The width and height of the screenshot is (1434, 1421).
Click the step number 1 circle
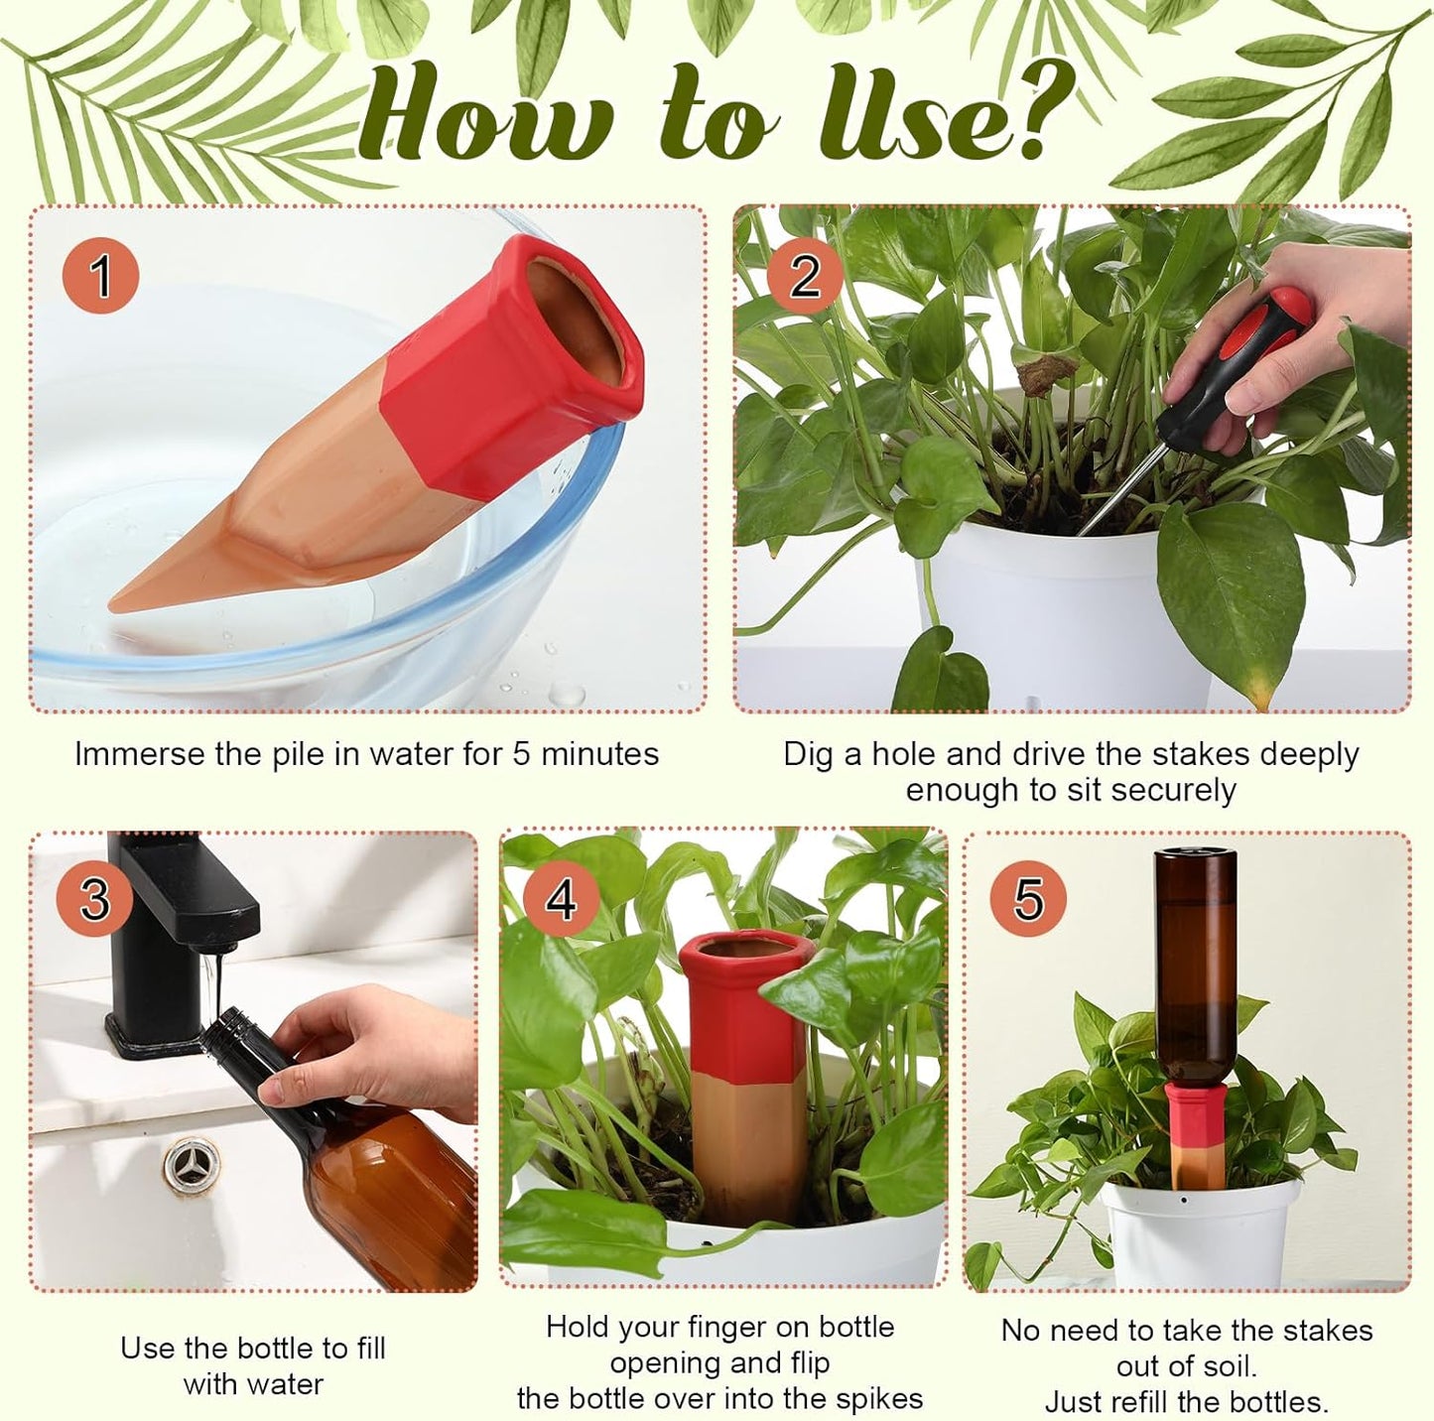100,275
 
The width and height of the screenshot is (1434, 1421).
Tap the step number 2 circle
804,275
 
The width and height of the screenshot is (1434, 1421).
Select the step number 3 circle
94,898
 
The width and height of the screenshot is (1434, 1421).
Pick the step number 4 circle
562,898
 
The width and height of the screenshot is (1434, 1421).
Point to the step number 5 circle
1028,898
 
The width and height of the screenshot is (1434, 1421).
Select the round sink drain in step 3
193,1160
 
